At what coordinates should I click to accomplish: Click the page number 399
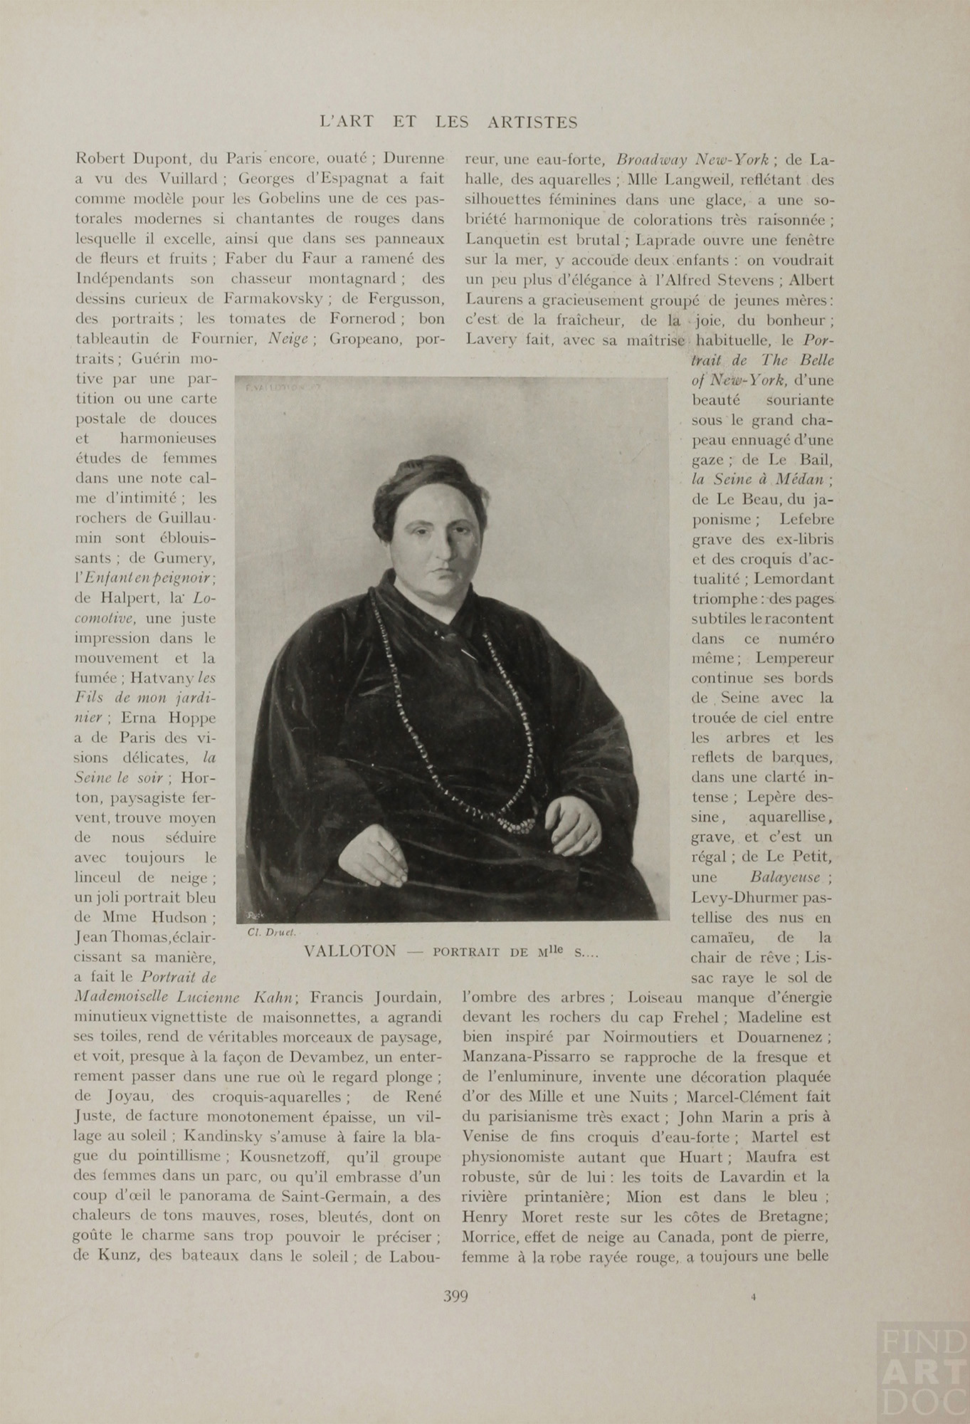(455, 1295)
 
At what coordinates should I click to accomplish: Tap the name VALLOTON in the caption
(349, 951)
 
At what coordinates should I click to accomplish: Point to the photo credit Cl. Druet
(268, 933)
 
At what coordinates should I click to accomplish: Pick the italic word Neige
(287, 339)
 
